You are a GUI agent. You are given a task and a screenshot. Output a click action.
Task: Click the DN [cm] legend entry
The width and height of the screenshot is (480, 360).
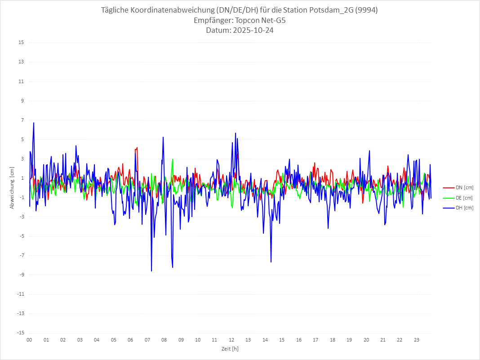point(464,187)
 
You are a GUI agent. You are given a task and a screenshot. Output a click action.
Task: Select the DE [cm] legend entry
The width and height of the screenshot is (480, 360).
point(464,198)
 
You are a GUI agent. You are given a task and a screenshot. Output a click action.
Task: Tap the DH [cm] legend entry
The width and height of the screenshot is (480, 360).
point(464,208)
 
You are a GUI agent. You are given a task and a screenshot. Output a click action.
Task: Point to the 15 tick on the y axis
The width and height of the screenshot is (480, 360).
point(21,43)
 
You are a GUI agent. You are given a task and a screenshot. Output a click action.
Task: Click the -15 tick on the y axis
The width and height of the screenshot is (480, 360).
point(21,333)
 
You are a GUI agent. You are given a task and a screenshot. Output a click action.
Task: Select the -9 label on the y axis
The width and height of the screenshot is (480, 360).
point(22,275)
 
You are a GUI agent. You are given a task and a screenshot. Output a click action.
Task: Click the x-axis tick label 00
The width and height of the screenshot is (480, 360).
point(29,340)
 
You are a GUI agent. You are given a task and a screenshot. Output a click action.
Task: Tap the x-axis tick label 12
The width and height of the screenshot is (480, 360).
point(231,340)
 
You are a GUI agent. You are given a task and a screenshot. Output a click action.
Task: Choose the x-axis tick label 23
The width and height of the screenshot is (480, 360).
point(417,340)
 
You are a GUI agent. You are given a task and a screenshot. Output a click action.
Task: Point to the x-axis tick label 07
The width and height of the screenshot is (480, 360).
point(147,340)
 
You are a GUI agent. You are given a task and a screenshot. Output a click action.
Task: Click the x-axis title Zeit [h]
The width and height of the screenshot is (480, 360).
point(230,348)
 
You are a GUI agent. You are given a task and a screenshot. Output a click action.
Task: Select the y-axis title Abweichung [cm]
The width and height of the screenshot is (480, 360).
point(12,188)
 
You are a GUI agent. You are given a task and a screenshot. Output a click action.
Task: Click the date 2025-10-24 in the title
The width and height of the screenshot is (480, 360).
point(240,31)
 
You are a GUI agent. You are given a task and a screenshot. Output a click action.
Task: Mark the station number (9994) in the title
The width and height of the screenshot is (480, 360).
point(365,10)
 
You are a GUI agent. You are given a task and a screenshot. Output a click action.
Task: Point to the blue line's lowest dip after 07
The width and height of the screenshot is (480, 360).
point(151,271)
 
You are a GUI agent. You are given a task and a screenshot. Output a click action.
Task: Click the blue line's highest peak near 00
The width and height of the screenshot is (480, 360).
point(34,123)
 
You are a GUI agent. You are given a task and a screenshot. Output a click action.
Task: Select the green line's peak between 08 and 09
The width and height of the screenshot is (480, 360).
point(173,159)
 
